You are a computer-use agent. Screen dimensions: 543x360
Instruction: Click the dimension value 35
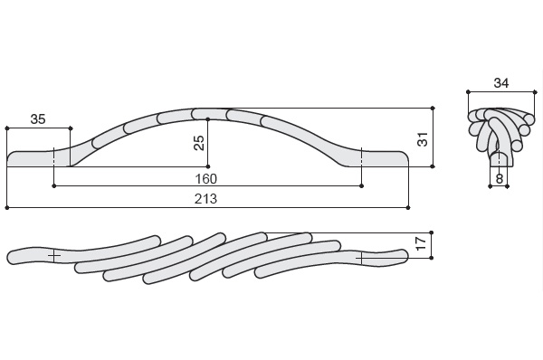pyautogui.click(x=38, y=119)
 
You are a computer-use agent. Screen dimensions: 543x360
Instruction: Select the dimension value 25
pyautogui.click(x=199, y=143)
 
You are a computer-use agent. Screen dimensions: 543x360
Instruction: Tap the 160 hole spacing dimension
pyautogui.click(x=206, y=179)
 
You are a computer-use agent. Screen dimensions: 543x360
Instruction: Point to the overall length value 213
pyautogui.click(x=205, y=199)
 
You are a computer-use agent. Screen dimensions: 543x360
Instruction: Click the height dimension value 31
pyautogui.click(x=423, y=139)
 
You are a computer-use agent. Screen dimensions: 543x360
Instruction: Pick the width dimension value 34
pyautogui.click(x=501, y=83)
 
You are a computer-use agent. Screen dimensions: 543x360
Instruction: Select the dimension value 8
pyautogui.click(x=499, y=178)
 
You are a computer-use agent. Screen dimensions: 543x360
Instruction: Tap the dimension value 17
pyautogui.click(x=421, y=243)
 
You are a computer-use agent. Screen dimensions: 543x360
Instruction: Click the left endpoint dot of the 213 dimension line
pyautogui.click(x=7, y=208)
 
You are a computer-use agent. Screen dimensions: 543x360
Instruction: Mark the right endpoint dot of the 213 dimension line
pyautogui.click(x=408, y=208)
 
